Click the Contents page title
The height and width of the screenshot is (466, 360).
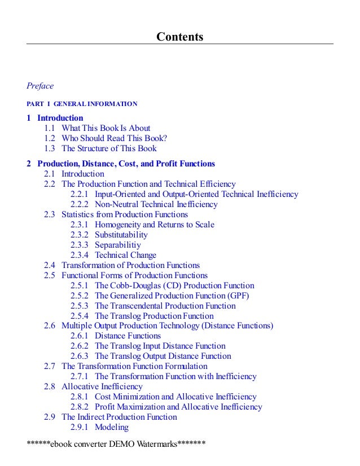click(x=179, y=37)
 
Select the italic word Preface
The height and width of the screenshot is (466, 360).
click(x=40, y=86)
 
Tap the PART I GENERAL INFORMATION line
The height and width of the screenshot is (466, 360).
click(x=82, y=104)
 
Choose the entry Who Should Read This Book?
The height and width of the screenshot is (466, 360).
click(x=115, y=138)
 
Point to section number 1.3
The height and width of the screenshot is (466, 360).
click(x=50, y=148)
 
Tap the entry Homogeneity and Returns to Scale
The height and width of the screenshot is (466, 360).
click(x=154, y=225)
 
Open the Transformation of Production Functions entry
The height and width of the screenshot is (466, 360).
click(x=130, y=265)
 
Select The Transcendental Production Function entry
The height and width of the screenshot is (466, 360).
click(x=165, y=306)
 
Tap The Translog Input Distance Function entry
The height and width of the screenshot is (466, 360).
click(x=160, y=346)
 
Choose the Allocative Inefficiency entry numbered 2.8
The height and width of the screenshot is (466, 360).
click(x=102, y=386)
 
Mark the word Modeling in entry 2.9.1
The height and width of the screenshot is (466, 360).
click(x=112, y=427)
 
